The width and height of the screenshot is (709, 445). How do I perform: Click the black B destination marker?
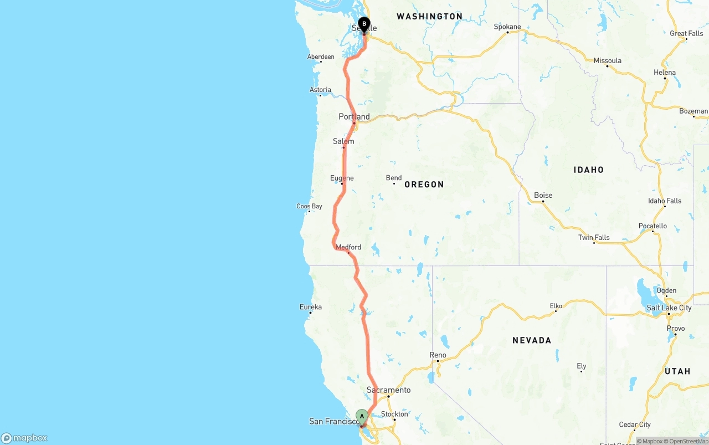coord(364,24)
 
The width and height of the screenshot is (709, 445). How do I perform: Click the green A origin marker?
coord(362,416)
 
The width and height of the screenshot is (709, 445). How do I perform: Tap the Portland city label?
coord(354,116)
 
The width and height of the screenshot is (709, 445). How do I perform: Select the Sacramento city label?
coord(389,390)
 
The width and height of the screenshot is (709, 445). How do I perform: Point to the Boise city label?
coord(543,195)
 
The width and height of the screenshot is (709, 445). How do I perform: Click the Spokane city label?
coord(507,27)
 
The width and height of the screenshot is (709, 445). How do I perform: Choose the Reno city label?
coord(438,355)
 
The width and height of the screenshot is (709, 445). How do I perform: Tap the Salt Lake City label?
coord(669,308)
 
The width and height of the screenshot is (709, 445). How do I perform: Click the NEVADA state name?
coord(532,340)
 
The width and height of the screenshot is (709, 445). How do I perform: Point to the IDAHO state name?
coord(588,170)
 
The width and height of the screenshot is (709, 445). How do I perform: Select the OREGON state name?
coord(424,185)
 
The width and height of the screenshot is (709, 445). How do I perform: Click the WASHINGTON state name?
coord(429,17)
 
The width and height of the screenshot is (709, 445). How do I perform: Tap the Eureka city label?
coord(310,306)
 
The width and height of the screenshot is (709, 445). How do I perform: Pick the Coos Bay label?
coord(309,206)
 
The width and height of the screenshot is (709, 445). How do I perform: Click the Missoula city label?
coord(608,60)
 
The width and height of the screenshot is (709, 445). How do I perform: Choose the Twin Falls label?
coord(594,237)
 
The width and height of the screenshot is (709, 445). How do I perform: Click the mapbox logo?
coord(24,438)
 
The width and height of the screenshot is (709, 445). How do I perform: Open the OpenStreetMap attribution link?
coord(689,441)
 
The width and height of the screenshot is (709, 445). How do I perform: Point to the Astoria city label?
coord(320,90)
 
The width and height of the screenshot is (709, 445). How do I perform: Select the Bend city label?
coord(394,178)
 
